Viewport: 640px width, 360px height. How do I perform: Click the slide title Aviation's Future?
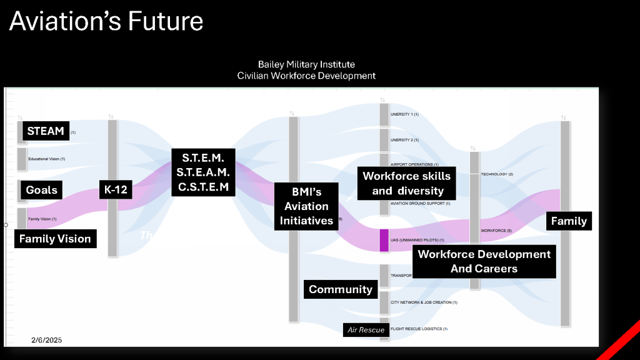click(x=106, y=21)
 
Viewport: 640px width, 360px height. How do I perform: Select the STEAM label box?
click(x=46, y=131)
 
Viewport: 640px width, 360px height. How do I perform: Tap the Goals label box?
click(x=41, y=190)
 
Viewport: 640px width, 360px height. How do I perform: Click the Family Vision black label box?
click(x=55, y=238)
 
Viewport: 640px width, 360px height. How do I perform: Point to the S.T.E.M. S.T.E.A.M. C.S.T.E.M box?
click(x=203, y=171)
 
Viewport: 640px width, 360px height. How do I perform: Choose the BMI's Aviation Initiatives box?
click(x=306, y=206)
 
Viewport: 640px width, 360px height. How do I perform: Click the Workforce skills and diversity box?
click(x=407, y=183)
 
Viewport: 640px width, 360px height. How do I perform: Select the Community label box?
click(x=341, y=289)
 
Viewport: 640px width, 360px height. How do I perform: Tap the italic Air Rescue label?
click(x=366, y=329)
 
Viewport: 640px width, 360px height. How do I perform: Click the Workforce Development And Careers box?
click(x=484, y=261)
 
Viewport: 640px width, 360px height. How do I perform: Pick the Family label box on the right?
click(x=569, y=221)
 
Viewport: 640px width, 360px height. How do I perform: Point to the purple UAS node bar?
click(x=384, y=241)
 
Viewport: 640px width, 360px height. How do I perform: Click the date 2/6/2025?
click(x=47, y=340)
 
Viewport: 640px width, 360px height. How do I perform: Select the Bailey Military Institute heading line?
click(x=306, y=64)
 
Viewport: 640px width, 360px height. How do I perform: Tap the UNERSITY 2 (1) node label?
click(x=404, y=140)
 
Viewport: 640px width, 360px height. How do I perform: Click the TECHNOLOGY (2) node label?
click(x=497, y=174)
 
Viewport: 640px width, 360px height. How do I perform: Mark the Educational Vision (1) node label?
click(x=47, y=159)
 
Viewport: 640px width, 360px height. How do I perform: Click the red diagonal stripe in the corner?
click(x=619, y=340)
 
